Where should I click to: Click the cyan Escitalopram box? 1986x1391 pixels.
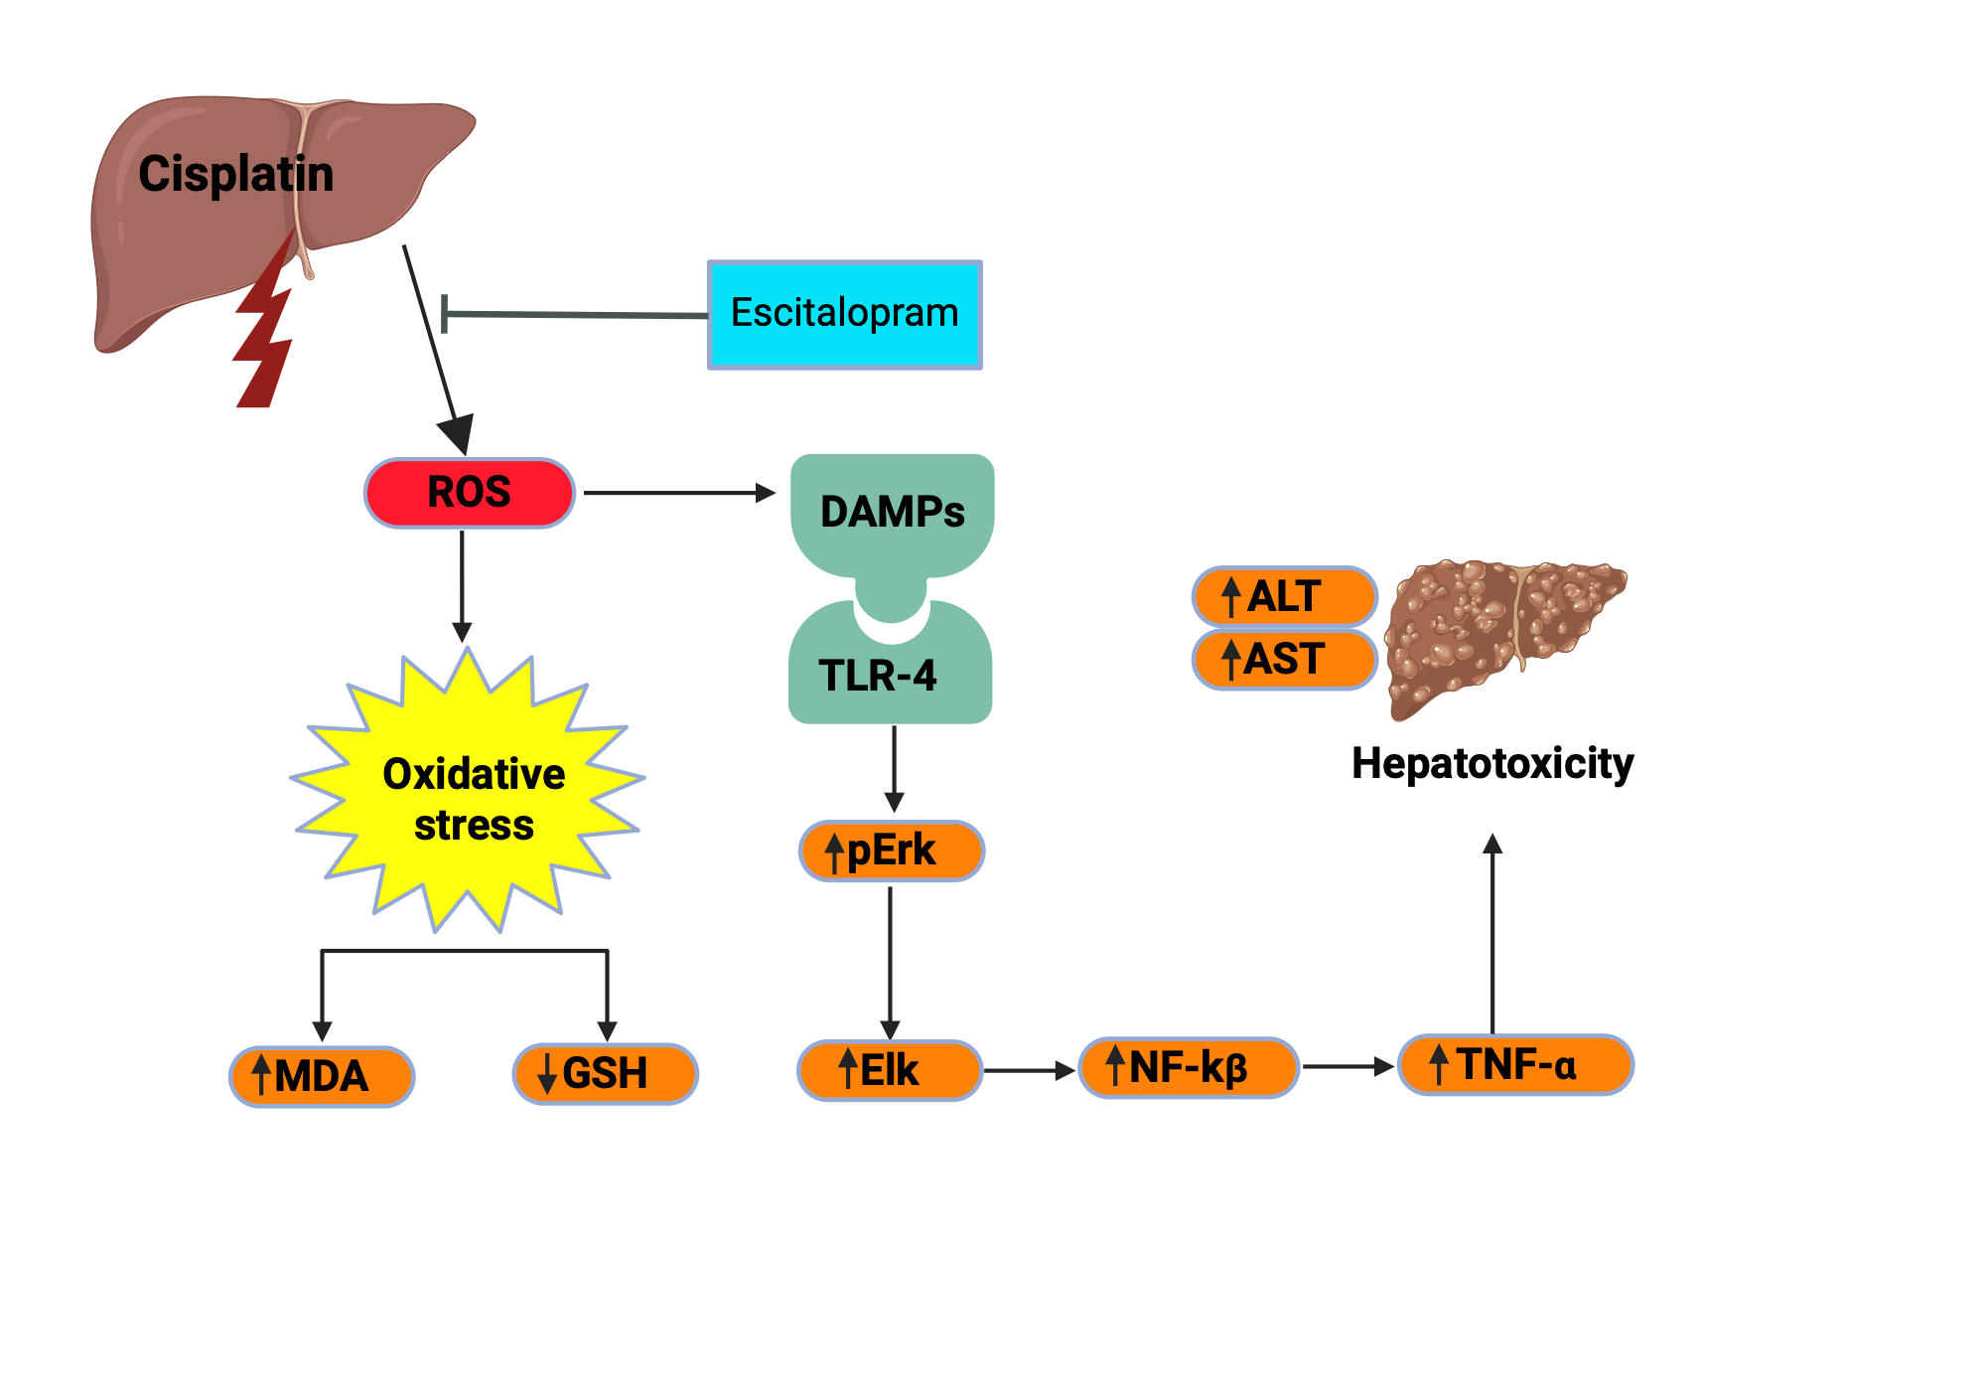[x=844, y=315]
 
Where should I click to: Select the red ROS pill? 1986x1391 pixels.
[x=469, y=493]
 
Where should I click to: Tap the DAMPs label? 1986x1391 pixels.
[x=892, y=513]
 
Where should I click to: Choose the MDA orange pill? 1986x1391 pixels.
[x=322, y=1076]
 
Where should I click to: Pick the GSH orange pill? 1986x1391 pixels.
[x=605, y=1074]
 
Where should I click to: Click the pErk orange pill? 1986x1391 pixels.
[x=891, y=851]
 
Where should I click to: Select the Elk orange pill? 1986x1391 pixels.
[x=889, y=1071]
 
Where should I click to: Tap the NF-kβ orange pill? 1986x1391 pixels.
[x=1188, y=1068]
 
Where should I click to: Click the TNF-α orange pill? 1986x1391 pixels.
[x=1514, y=1065]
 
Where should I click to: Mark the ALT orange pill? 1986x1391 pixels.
[x=1283, y=597]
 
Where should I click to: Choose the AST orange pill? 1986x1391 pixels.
[x=1283, y=660]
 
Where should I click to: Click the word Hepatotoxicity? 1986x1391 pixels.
[x=1491, y=764]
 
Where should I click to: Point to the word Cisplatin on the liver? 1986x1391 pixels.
[x=236, y=175]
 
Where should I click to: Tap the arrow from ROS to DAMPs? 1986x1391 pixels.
[x=678, y=493]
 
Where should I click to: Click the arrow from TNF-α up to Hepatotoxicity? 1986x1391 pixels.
[x=1492, y=934]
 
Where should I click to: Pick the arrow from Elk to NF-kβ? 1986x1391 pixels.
[x=1028, y=1071]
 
